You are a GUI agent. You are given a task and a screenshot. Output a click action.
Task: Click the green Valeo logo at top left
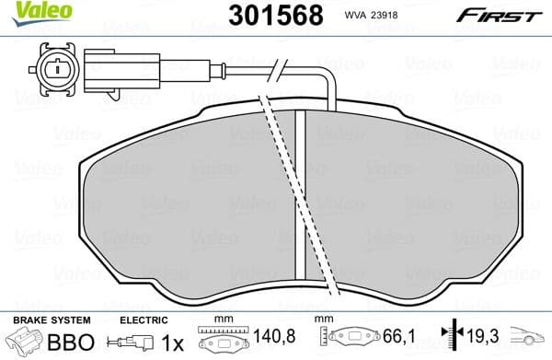click(31, 10)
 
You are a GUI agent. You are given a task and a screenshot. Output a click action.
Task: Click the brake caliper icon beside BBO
click(25, 343)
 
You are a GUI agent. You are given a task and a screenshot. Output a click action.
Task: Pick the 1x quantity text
click(172, 342)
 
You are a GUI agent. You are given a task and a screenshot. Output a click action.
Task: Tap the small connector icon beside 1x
click(131, 343)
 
